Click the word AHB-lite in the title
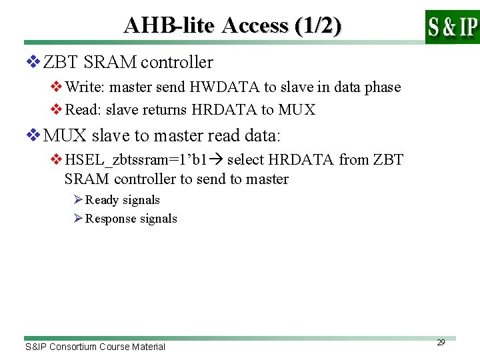pyautogui.click(x=169, y=25)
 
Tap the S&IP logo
pyautogui.click(x=452, y=27)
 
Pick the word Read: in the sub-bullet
pyautogui.click(x=84, y=110)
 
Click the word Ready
pyautogui.click(x=103, y=200)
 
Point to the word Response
pyautogui.click(x=111, y=219)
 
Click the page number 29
pyautogui.click(x=441, y=342)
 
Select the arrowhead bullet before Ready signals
pyautogui.click(x=78, y=200)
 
